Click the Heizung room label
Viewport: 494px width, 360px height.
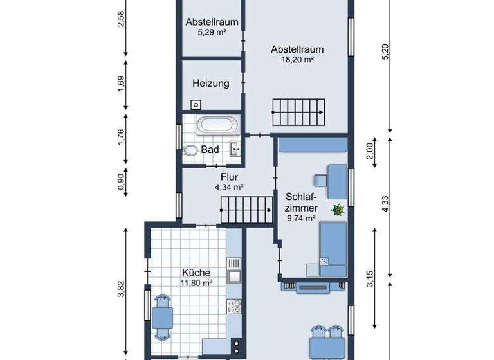coord(210,84)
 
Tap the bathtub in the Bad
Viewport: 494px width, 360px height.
coord(217,125)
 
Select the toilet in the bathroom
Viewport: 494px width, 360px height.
coord(190,150)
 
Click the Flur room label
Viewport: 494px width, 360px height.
coord(230,177)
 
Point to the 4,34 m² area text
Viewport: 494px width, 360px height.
coord(229,187)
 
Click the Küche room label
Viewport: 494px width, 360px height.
coord(196,273)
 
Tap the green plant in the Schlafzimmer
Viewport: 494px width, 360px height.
coord(338,209)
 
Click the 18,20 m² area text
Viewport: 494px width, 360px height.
coord(297,59)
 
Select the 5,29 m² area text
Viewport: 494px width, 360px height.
coord(212,32)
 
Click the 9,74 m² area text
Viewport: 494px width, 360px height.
coord(300,219)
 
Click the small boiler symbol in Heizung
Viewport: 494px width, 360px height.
coord(195,104)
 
